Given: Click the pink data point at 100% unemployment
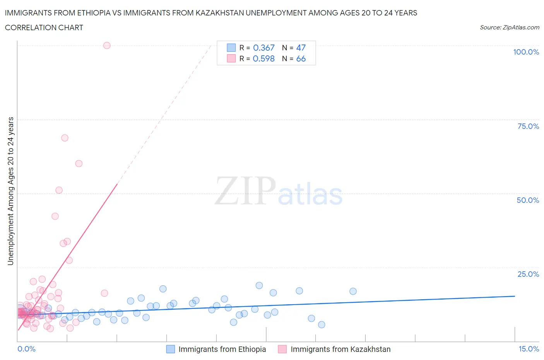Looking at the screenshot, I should (107, 45).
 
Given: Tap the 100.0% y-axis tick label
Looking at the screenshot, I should (526, 52).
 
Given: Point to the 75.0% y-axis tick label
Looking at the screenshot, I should (528, 126).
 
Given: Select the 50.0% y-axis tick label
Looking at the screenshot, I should (528, 200).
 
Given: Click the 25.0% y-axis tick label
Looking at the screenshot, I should (528, 274).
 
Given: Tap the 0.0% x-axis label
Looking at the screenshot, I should (26, 349).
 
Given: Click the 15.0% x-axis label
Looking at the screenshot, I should (529, 349).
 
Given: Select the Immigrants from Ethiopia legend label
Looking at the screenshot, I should (222, 349).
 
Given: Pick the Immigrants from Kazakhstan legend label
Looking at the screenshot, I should (340, 349).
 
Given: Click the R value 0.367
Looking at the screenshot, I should (263, 48).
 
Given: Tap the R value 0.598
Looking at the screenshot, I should (263, 58).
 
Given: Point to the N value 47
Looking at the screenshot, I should (301, 48).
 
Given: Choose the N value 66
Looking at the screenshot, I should (301, 58).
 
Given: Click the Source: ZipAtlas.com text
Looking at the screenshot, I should (509, 27).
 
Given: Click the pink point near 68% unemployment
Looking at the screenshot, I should (65, 138).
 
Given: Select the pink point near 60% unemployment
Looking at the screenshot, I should (79, 163).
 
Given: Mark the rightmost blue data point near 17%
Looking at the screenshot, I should (353, 291).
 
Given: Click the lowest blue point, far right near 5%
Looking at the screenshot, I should (322, 324).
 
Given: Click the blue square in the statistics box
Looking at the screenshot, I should (231, 48).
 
